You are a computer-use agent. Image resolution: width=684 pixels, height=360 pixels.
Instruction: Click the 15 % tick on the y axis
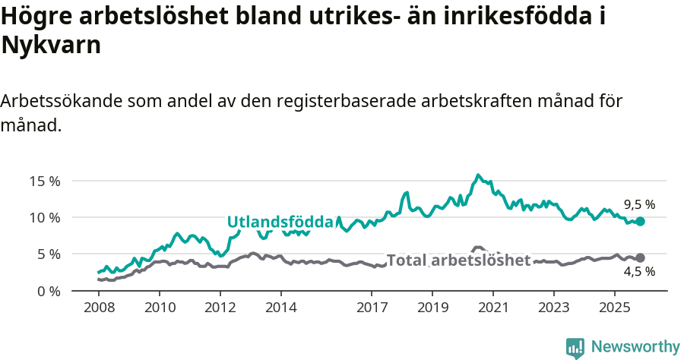(x=45, y=181)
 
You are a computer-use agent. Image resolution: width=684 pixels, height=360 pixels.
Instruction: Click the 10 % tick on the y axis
(x=45, y=217)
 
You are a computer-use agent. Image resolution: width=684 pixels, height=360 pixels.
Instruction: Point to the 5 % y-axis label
(x=48, y=254)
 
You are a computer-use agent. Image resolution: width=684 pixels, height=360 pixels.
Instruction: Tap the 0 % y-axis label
(x=48, y=291)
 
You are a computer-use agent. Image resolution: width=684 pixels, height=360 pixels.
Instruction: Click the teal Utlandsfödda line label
(x=280, y=222)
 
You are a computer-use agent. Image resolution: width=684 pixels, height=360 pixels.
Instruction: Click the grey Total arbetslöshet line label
(x=458, y=261)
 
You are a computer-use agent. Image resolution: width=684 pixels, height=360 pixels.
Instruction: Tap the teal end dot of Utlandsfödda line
(x=640, y=221)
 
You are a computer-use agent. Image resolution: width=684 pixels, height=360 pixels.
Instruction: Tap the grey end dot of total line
(x=640, y=258)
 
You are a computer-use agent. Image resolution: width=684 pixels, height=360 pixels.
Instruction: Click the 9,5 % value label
(x=639, y=204)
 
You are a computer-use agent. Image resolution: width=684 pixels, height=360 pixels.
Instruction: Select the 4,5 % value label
(x=639, y=271)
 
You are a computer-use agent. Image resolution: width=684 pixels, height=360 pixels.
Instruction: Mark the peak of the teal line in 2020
(x=478, y=175)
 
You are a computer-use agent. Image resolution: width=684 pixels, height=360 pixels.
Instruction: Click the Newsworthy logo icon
(x=575, y=348)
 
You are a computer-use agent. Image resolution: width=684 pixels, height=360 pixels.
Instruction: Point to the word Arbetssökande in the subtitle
(x=61, y=101)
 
